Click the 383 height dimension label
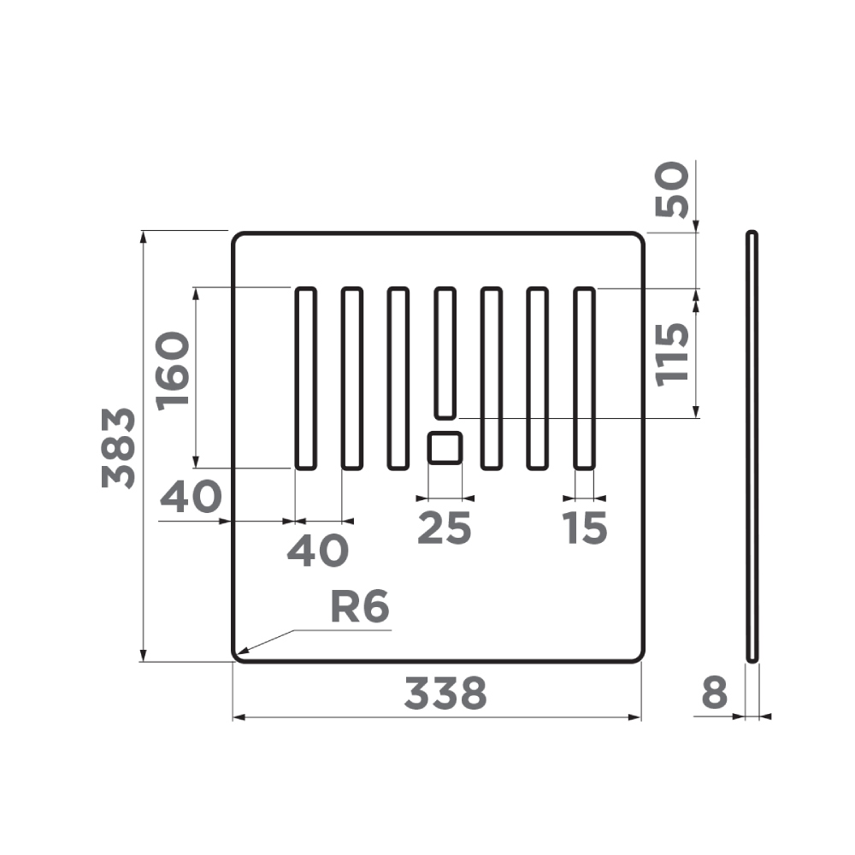coord(118,447)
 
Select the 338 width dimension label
coord(445,693)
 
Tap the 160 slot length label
coord(173,370)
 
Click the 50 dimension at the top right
coord(672,190)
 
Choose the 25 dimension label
coord(444,528)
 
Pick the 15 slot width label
coord(585,528)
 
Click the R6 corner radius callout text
coord(359,608)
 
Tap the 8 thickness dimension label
coord(714,693)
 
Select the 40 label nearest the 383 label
coord(191,497)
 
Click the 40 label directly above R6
coord(317,551)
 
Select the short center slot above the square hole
coord(445,353)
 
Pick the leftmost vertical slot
coord(305,379)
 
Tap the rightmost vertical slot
coord(584,379)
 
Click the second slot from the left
coord(351,379)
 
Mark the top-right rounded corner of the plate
coord(637,238)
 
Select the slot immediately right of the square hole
coord(491,379)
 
